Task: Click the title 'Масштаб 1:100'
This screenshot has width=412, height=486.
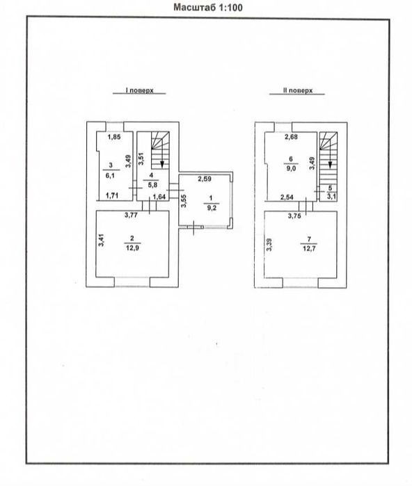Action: pyautogui.click(x=208, y=7)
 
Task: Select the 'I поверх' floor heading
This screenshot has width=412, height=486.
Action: pyautogui.click(x=139, y=90)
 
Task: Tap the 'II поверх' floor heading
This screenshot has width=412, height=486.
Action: pyautogui.click(x=298, y=90)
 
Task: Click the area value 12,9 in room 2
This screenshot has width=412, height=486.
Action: pyautogui.click(x=132, y=248)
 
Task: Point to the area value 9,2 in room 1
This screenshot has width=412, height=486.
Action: pyautogui.click(x=212, y=208)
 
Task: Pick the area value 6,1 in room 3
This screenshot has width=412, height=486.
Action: pyautogui.click(x=110, y=175)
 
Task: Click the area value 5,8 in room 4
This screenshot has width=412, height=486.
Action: pyautogui.click(x=152, y=185)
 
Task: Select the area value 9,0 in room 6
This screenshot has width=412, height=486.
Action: pyautogui.click(x=291, y=169)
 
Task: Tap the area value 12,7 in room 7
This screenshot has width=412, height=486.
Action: pyautogui.click(x=309, y=248)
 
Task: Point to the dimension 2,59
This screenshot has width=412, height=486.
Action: pyautogui.click(x=205, y=179)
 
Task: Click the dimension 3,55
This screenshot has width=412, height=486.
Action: pyautogui.click(x=184, y=201)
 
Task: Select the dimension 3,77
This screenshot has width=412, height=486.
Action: pyautogui.click(x=131, y=215)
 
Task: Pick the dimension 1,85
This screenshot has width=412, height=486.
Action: pyautogui.click(x=114, y=137)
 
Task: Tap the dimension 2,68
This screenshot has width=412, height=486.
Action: pyautogui.click(x=291, y=137)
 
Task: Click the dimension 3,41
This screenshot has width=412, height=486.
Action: pyautogui.click(x=102, y=240)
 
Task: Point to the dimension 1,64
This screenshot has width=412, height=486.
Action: pyautogui.click(x=159, y=197)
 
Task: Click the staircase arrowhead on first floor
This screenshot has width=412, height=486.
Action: pyautogui.click(x=162, y=165)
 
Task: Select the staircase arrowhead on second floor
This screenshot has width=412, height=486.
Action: pyautogui.click(x=330, y=165)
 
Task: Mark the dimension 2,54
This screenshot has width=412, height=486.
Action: pyautogui.click(x=287, y=197)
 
